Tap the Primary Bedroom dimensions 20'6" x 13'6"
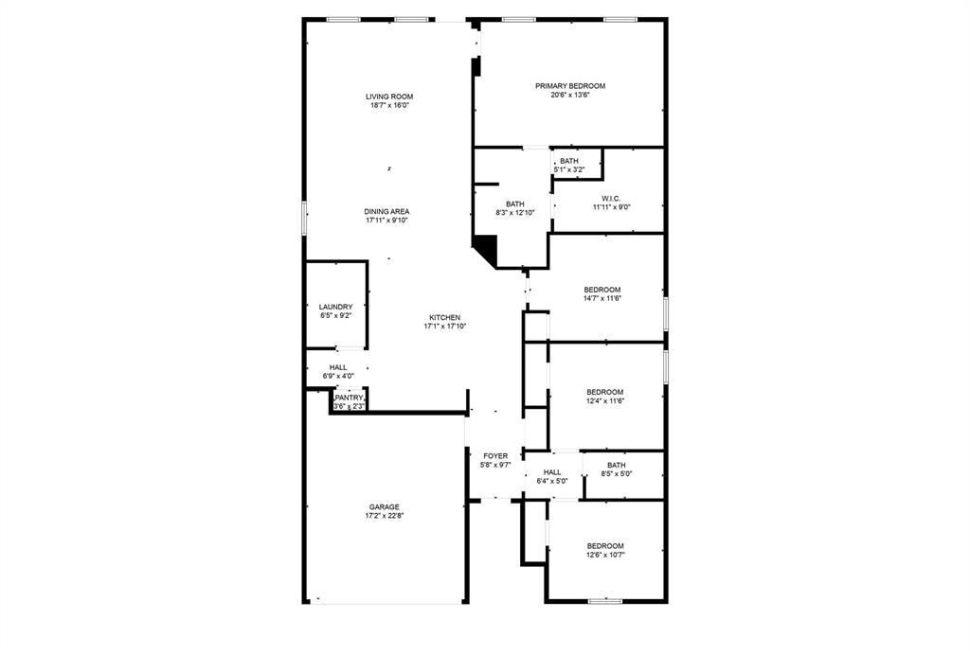(x=570, y=95)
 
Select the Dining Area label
(x=386, y=211)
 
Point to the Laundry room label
(x=335, y=307)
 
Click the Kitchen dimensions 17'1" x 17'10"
(x=444, y=327)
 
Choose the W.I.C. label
(x=610, y=198)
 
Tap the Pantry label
(x=349, y=398)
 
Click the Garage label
(x=384, y=506)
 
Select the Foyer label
(x=495, y=456)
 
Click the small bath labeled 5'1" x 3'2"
(x=569, y=165)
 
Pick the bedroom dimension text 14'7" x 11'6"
(x=602, y=298)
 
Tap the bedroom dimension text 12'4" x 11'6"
(x=604, y=401)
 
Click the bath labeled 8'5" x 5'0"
(x=617, y=469)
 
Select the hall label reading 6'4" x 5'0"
(x=552, y=476)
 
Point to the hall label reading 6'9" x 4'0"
(x=338, y=371)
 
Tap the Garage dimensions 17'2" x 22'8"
(x=384, y=516)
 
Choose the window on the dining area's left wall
(x=304, y=217)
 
